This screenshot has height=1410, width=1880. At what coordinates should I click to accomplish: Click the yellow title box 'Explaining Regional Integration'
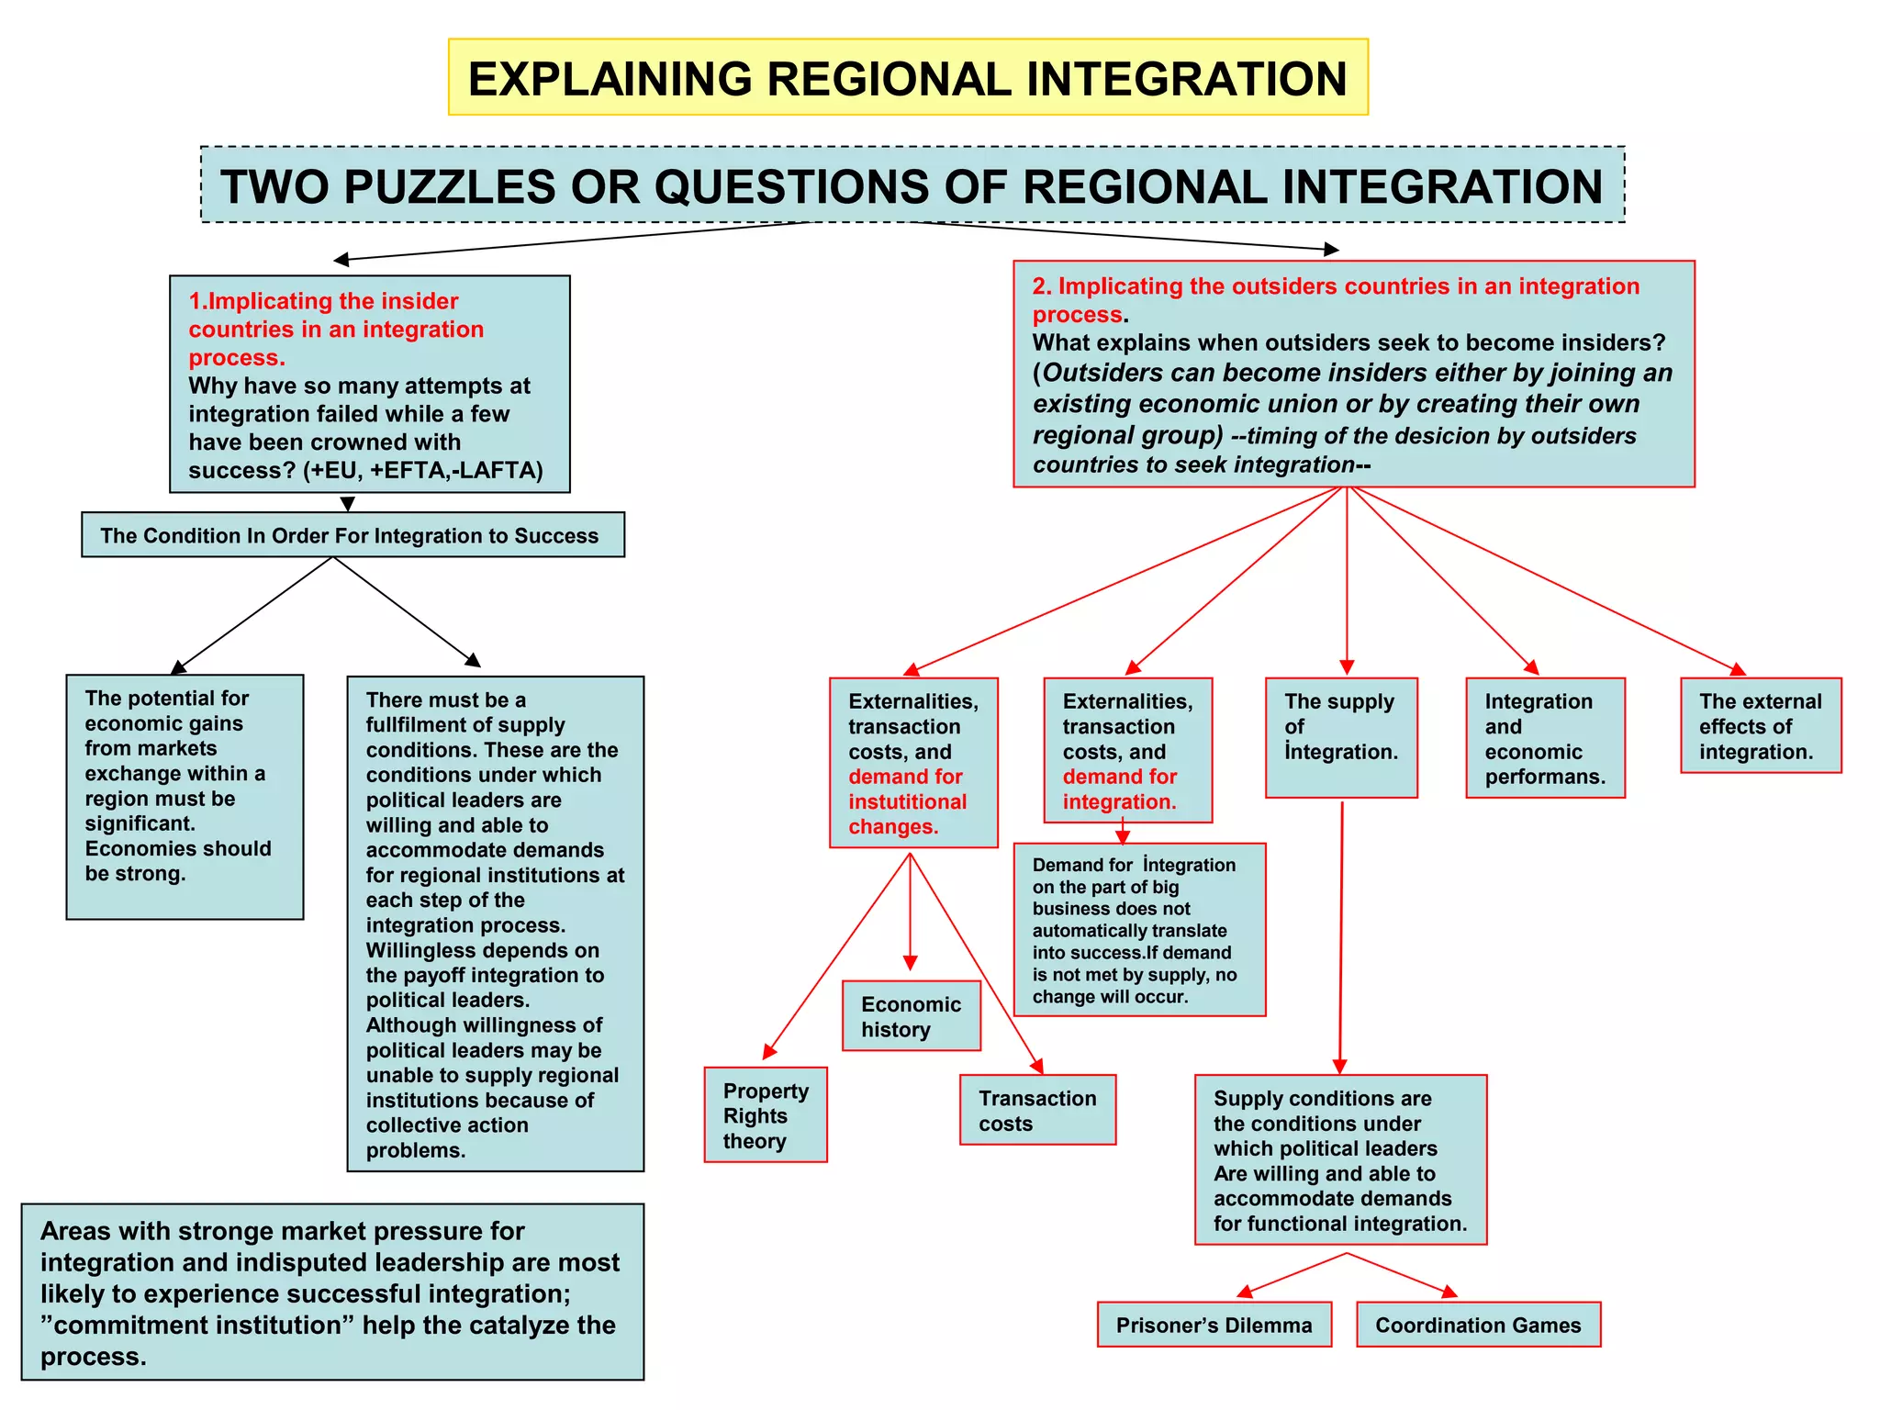907,78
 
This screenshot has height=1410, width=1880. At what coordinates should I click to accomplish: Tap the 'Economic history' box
911,1016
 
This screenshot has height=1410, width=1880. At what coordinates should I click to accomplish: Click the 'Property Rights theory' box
766,1115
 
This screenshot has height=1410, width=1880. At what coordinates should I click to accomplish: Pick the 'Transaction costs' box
1037,1111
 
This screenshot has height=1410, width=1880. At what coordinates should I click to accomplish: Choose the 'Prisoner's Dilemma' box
1214,1325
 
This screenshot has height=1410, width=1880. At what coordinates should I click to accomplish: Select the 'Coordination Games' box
1477,1325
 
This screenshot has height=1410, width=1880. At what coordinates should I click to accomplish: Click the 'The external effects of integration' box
1760,726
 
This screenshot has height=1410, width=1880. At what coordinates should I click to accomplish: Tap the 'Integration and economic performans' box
1545,738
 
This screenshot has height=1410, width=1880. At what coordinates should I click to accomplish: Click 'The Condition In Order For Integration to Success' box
352,535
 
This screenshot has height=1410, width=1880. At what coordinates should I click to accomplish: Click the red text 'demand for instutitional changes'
906,802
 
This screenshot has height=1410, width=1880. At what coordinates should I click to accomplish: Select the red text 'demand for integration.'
1119,789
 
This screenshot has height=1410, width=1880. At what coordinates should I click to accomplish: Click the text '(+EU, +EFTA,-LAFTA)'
423,471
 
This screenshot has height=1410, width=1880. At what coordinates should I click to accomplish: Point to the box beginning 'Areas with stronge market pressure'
332,1292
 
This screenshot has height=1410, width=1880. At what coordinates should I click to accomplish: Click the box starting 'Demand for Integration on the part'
1138,930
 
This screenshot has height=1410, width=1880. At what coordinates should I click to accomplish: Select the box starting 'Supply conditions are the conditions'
1339,1159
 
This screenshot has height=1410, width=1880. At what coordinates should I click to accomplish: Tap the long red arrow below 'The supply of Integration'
1341,936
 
